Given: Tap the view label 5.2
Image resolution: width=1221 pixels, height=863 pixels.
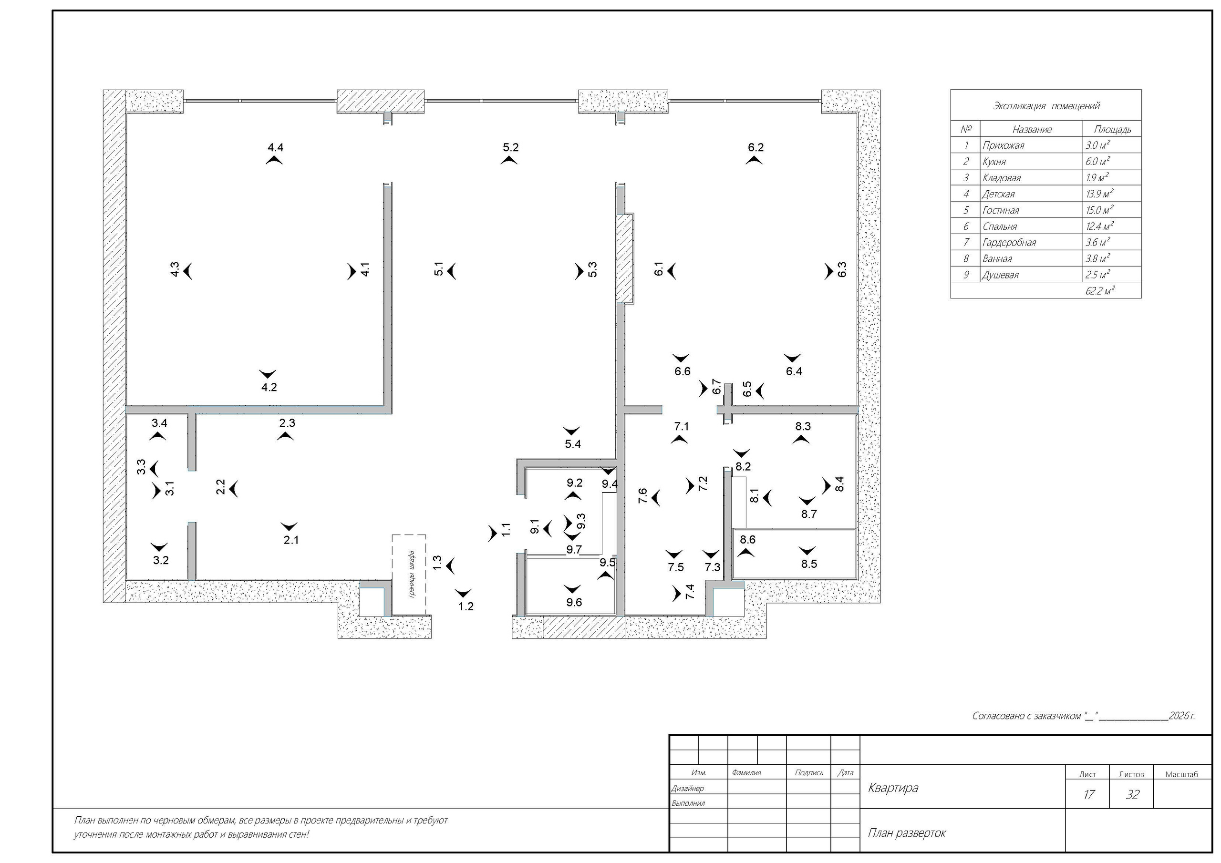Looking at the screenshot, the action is [x=510, y=147].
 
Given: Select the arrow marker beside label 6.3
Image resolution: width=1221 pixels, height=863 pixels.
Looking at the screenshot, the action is [x=828, y=271].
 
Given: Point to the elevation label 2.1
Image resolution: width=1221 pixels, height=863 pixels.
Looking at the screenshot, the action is [x=291, y=540].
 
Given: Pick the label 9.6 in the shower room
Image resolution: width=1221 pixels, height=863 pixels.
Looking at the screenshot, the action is [x=574, y=603].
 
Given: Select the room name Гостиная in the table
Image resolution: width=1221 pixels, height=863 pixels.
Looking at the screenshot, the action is [x=1001, y=210].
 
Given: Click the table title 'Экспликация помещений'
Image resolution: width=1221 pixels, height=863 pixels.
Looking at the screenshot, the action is [x=1046, y=106].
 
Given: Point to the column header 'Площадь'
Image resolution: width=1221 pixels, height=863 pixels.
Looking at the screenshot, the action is [x=1113, y=129].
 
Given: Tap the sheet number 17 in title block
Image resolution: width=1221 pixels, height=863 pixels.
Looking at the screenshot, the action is [x=1088, y=794].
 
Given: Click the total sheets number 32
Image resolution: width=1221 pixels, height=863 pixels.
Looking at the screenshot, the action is [x=1133, y=794].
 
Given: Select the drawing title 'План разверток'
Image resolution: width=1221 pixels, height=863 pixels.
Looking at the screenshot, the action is [x=907, y=832].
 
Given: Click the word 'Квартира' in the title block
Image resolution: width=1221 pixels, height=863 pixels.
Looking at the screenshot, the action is [x=893, y=788].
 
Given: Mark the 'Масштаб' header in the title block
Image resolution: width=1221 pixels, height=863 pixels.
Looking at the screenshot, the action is [x=1181, y=774].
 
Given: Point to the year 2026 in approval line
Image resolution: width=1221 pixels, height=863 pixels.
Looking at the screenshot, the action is [x=1179, y=716].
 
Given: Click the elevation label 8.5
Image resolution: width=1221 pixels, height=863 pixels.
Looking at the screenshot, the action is [x=809, y=564].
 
